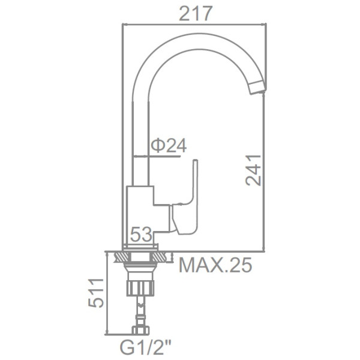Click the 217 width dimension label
tap(193, 11)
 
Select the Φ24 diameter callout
tap(169, 146)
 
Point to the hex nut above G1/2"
tap(142, 329)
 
